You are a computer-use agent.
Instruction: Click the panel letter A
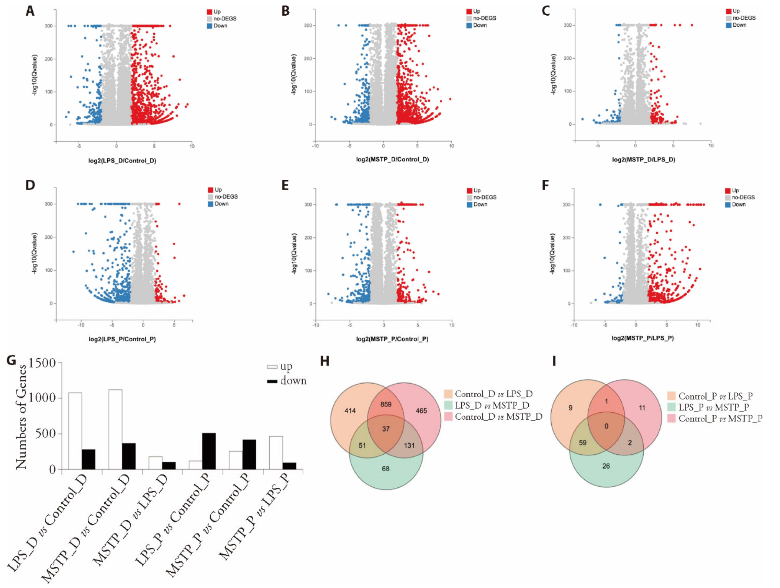[x=30, y=11]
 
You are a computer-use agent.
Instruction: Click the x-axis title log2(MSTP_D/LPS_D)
[x=643, y=160]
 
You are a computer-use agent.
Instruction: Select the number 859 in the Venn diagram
[x=386, y=404]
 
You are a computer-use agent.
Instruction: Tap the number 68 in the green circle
[x=385, y=469]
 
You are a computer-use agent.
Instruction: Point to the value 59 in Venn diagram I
[x=582, y=443]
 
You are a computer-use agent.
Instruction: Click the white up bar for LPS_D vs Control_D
[x=75, y=431]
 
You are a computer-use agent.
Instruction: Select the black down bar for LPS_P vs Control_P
[x=209, y=451]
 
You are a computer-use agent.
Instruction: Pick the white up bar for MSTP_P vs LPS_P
[x=276, y=452]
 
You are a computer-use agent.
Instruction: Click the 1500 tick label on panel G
[x=42, y=363]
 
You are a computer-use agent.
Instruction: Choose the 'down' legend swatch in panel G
[x=272, y=381]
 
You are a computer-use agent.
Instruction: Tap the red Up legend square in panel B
[x=469, y=11]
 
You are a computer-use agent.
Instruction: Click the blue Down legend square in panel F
[x=728, y=205]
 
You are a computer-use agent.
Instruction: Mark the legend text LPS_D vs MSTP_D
[x=492, y=405]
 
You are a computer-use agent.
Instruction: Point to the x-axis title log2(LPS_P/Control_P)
[x=122, y=339]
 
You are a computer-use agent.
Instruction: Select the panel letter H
[x=324, y=361]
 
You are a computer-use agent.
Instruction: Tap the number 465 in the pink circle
[x=421, y=411]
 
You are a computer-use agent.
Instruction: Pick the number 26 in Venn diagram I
[x=606, y=466]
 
